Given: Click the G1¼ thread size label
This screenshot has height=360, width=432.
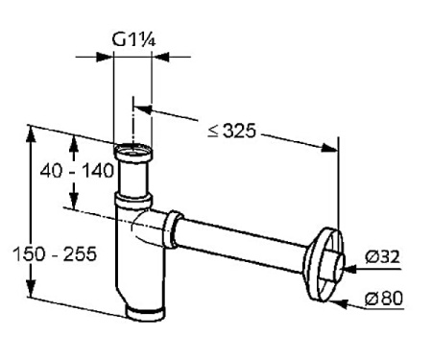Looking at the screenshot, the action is pos(133,39).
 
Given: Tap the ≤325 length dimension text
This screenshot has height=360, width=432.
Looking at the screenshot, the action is pos(232,131).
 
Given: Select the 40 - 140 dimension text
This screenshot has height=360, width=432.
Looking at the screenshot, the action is pos(77,171).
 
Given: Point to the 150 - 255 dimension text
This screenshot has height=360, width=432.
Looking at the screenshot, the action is pos(55,254).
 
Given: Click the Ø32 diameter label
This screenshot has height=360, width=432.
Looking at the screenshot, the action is pos(383,256).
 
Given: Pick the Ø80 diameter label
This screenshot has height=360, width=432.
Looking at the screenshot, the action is pos(384,299).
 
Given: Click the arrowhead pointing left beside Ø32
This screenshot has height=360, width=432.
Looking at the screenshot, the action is pos(350,269).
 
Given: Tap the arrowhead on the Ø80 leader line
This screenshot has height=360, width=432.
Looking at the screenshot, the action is pos(339,303).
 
